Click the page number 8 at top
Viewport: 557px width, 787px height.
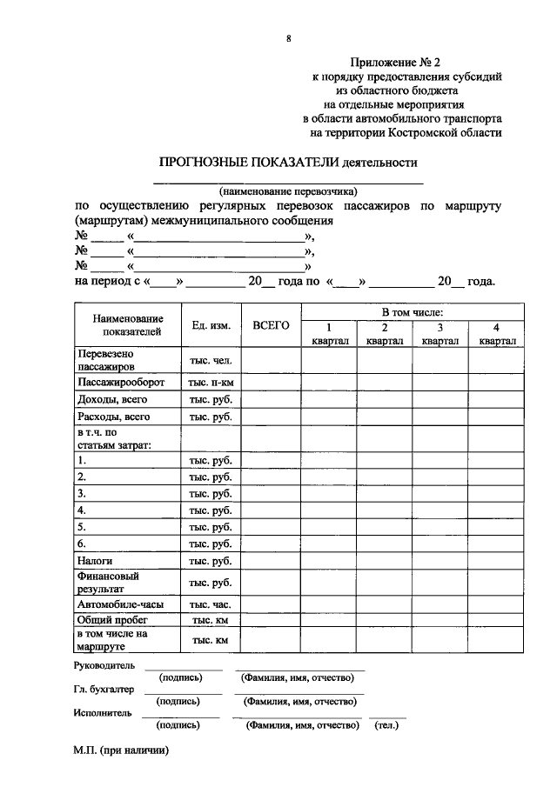287,38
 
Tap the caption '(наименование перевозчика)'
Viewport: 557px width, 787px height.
288,191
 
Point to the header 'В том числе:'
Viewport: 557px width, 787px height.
413,311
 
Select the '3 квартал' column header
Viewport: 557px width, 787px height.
440,335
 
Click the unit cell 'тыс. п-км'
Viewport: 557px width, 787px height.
211,383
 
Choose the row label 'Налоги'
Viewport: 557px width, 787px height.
94,561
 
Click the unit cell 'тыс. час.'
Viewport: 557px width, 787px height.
211,604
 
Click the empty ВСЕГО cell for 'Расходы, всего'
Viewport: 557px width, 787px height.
271,417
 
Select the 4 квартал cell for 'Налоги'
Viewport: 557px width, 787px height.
496,561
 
